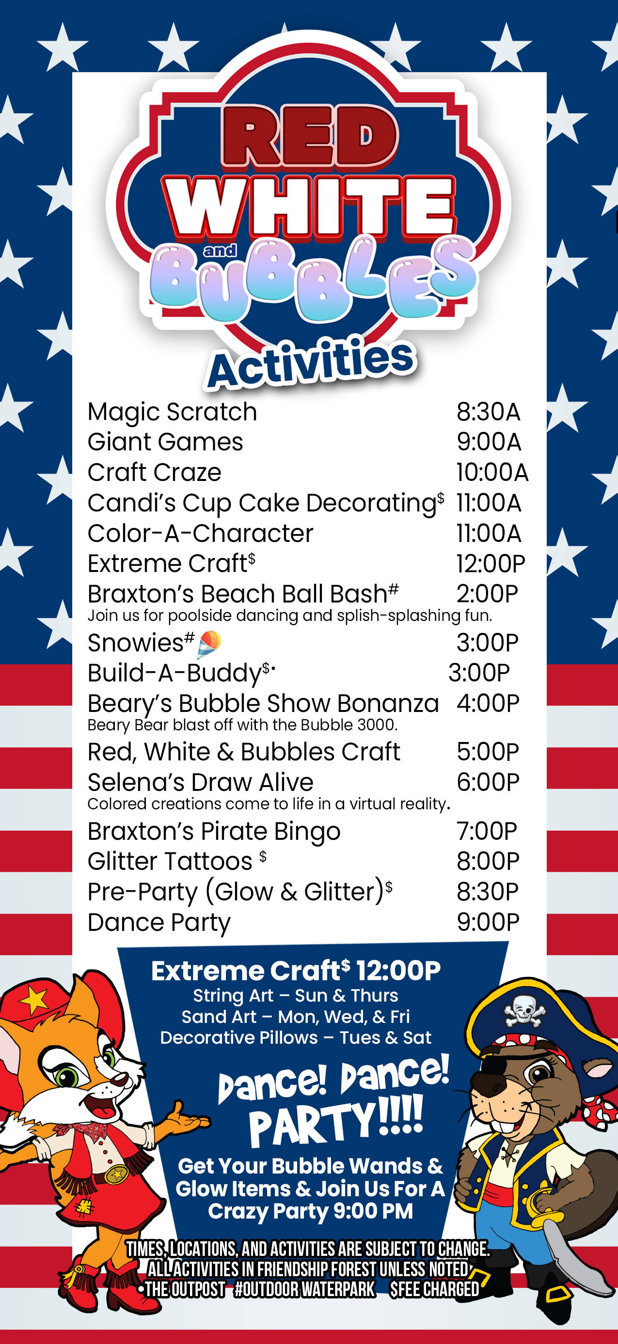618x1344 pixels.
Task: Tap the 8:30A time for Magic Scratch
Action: [x=489, y=412]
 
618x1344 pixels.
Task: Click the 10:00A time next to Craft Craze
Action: [x=492, y=472]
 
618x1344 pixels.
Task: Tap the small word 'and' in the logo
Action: [x=220, y=251]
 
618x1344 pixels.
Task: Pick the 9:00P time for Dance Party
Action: [x=488, y=922]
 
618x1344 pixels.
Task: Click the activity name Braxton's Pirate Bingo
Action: [x=214, y=831]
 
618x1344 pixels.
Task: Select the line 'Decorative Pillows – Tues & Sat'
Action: [x=296, y=1037]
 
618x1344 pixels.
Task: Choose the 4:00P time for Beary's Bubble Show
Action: [x=488, y=703]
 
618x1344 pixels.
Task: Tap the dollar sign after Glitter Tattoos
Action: [x=263, y=856]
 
